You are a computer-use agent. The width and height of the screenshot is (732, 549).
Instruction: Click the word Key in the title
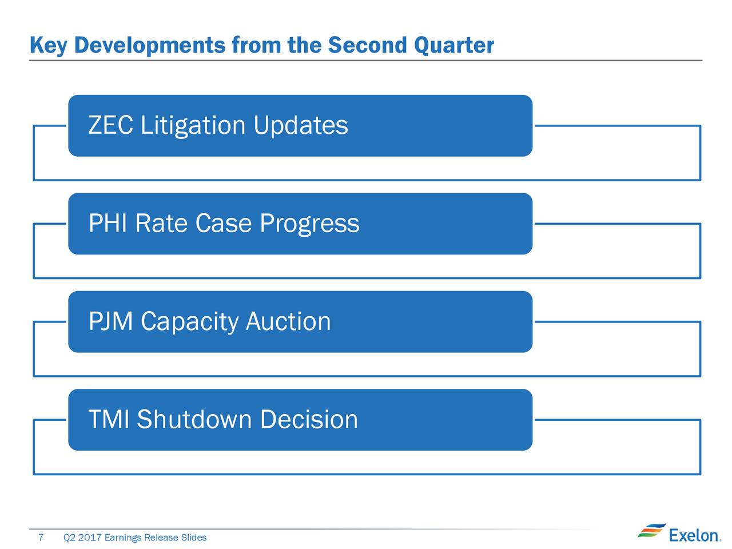[x=49, y=45]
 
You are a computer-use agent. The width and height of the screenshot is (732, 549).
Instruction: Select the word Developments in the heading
[x=150, y=45]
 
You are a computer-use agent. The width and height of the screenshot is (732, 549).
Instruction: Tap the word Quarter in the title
[x=454, y=45]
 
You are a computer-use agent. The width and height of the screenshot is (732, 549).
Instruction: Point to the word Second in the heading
[x=367, y=45]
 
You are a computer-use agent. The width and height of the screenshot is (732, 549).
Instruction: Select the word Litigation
[x=193, y=126]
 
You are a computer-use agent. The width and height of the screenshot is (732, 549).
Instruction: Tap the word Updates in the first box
[x=300, y=125]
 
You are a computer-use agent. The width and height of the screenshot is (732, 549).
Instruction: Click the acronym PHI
[x=108, y=223]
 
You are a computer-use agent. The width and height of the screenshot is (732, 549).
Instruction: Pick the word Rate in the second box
[x=161, y=223]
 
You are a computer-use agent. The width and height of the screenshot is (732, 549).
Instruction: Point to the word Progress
[x=309, y=224]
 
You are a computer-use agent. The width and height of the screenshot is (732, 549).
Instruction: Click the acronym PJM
[x=110, y=321]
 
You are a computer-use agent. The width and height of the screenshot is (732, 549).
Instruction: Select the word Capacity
[x=189, y=323]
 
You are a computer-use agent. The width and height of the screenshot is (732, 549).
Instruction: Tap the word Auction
[x=288, y=321]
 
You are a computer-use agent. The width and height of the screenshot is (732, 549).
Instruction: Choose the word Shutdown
[x=194, y=419]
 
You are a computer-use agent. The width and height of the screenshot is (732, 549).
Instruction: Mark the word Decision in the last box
[x=309, y=419]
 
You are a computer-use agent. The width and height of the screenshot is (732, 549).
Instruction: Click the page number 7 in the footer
[x=41, y=537]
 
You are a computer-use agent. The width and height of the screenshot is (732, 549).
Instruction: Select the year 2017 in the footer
[x=90, y=537]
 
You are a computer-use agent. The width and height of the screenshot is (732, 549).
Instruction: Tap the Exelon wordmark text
[x=695, y=536]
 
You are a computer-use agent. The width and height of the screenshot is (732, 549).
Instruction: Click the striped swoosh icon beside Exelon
[x=651, y=530]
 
